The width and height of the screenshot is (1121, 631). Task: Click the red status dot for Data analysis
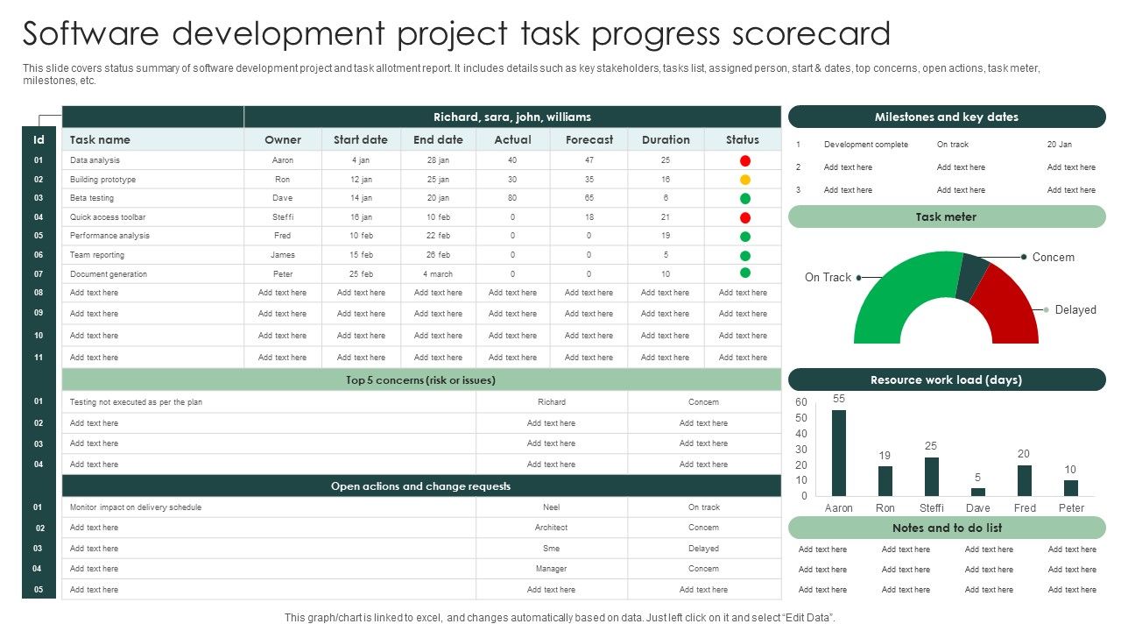745,160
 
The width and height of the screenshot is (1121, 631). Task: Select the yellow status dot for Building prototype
745,180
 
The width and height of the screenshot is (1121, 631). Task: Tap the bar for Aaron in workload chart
839,453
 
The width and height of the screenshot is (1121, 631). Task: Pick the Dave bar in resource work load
978,492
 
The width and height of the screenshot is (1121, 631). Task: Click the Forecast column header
589,139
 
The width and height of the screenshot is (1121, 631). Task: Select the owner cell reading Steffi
283,217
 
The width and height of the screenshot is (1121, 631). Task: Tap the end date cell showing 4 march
438,274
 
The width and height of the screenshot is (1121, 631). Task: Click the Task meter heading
946,216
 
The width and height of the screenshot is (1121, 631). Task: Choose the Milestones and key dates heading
946,117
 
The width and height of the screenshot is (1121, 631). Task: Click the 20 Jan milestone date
1059,145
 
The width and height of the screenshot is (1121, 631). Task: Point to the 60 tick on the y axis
801,402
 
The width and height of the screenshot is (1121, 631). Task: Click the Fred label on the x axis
1025,508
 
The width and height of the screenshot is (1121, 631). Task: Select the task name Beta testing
92,198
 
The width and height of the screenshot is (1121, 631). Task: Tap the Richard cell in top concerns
552,402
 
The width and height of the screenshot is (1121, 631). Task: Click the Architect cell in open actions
552,528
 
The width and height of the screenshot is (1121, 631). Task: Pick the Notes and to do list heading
946,528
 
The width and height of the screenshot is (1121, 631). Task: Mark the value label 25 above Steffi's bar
931,446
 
